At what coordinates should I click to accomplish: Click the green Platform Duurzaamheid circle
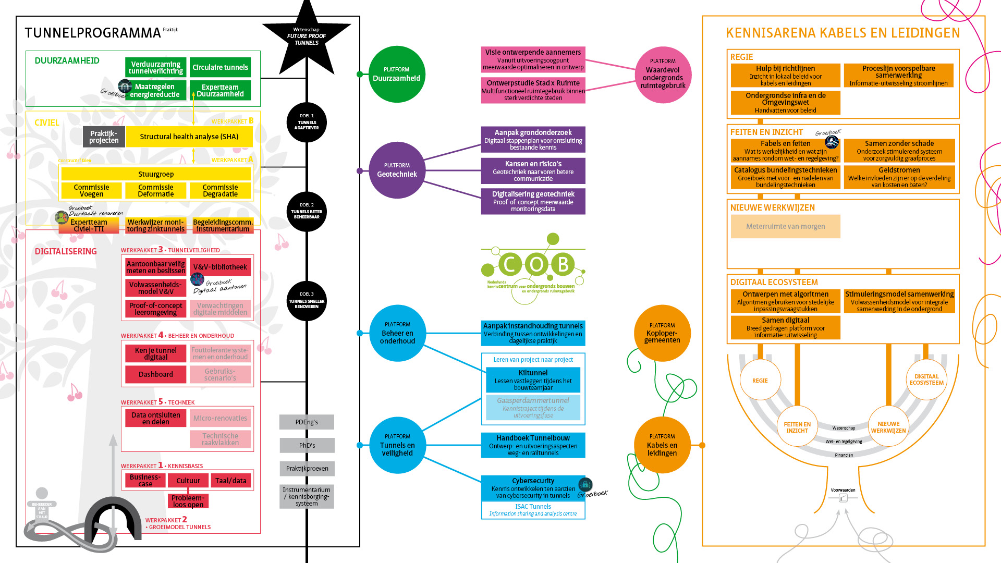pyautogui.click(x=397, y=74)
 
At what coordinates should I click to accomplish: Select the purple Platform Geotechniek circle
pyautogui.click(x=397, y=170)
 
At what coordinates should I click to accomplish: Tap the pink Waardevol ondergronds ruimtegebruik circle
pyautogui.click(x=663, y=74)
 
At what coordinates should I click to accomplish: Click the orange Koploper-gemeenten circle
pyautogui.click(x=662, y=333)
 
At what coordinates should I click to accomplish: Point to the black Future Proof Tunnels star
pyautogui.click(x=307, y=36)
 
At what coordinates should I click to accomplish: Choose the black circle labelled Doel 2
pyautogui.click(x=307, y=211)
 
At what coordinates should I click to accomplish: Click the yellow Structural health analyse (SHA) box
pyautogui.click(x=189, y=137)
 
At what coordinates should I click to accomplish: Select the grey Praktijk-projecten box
pyautogui.click(x=104, y=137)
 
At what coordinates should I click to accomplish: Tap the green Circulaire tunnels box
pyautogui.click(x=220, y=67)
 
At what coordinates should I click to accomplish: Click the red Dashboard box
pyautogui.click(x=155, y=374)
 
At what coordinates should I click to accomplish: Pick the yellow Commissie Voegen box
pyautogui.click(x=91, y=190)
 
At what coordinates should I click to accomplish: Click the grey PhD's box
pyautogui.click(x=307, y=445)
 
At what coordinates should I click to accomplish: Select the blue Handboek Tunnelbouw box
pyautogui.click(x=533, y=445)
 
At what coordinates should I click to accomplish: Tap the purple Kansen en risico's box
pyautogui.click(x=533, y=170)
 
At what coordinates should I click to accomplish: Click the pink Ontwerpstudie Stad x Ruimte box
pyautogui.click(x=533, y=90)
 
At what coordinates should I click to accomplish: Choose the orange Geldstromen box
pyautogui.click(x=899, y=177)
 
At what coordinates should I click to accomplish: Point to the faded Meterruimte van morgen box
pyautogui.click(x=785, y=226)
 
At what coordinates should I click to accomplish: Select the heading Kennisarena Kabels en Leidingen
pyautogui.click(x=843, y=33)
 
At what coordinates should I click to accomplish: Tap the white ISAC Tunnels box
pyautogui.click(x=533, y=510)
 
